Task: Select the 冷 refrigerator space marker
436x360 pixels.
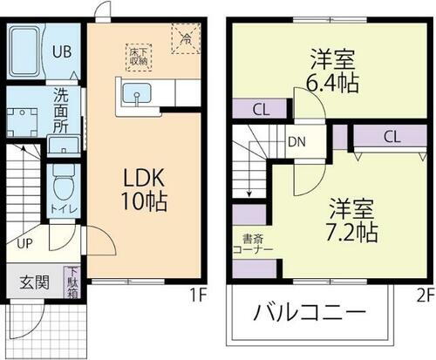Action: coord(185,38)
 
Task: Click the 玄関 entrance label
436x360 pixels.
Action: coord(33,282)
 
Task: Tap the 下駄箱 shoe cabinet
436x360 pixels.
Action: coord(72,282)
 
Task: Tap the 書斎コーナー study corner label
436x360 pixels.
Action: coord(255,243)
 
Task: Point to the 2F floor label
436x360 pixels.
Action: coord(425,294)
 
